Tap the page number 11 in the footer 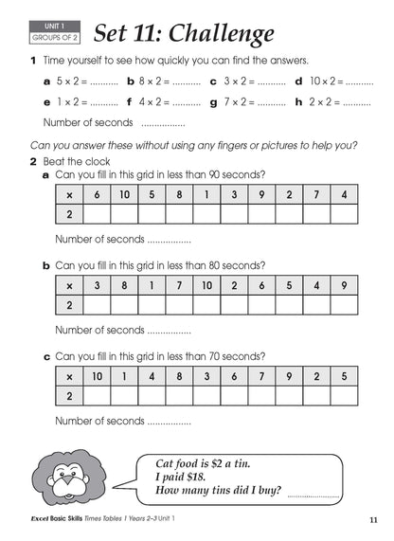374,521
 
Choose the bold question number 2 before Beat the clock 34,161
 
